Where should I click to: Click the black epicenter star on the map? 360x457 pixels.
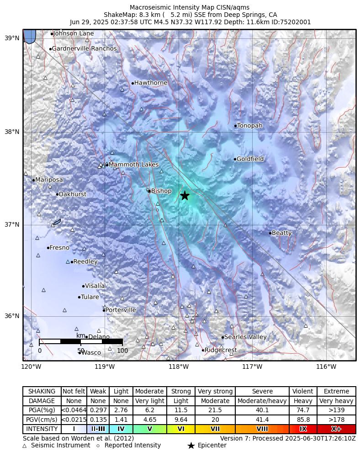coord(185,196)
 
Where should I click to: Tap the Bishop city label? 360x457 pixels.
coord(161,191)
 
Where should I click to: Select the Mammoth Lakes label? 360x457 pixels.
coord(134,165)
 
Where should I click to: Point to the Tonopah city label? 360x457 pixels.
coord(250,126)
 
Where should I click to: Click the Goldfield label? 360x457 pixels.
coord(250,159)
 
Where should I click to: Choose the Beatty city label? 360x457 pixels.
coord(281,233)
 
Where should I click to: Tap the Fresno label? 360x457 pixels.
coord(59,248)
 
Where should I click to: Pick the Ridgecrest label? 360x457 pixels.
coord(221,350)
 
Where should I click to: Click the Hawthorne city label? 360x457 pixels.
coord(151,83)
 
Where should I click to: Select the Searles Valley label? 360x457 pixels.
coord(245,337)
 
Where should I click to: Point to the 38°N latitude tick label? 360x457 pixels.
coord(12,132)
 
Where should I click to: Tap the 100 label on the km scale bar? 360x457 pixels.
coord(122,351)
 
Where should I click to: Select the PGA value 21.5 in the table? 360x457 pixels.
coord(215,410)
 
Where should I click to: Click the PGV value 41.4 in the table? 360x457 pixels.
coord(262,420)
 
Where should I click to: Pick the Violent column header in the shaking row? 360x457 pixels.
coord(303,392)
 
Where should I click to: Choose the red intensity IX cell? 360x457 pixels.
coord(303,429)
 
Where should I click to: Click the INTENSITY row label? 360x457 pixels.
coord(42,429)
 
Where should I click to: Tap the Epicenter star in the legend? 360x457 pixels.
coord(191,446)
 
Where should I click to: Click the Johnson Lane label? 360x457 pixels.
coord(74,33)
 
